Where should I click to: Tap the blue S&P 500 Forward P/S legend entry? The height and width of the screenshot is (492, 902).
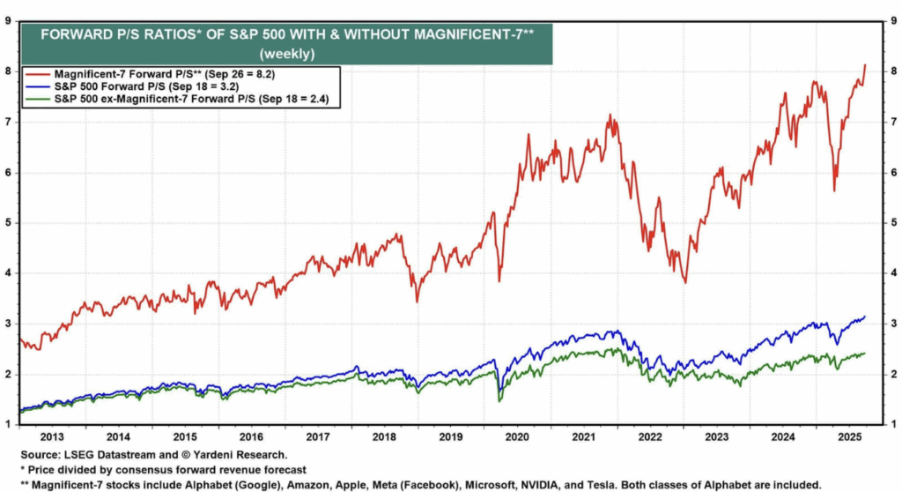140,87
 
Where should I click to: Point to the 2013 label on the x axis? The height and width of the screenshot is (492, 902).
52,436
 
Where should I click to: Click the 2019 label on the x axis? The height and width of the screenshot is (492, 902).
451,436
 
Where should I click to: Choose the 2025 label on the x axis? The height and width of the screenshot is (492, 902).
848,436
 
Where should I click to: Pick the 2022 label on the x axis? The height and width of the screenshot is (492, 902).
650,436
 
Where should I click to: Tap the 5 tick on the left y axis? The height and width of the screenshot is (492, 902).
9,223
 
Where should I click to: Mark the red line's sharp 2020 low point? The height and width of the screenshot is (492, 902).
499,280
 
